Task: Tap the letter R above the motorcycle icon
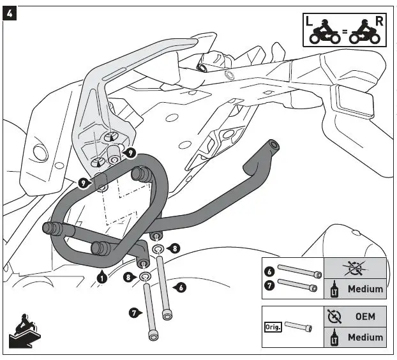[379, 20]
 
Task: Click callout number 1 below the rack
[102, 276]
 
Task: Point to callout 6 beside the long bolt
[181, 288]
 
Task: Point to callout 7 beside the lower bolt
[135, 313]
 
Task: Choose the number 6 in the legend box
[269, 271]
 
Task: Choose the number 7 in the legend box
[269, 284]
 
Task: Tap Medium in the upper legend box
[365, 289]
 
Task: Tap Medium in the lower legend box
[365, 337]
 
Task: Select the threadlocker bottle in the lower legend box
[334, 337]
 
